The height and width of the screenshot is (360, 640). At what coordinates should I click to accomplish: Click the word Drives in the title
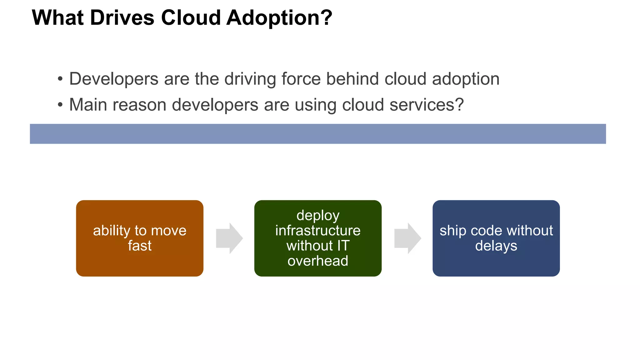(122, 17)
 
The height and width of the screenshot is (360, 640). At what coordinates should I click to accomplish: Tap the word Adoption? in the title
(279, 18)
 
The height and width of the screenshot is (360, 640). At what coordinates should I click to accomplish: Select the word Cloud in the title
(191, 17)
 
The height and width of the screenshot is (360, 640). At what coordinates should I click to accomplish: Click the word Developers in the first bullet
(114, 79)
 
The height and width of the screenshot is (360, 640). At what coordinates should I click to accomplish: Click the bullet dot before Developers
(60, 79)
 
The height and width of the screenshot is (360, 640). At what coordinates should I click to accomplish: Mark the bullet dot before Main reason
(60, 105)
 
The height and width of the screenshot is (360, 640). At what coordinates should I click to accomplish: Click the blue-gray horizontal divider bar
(318, 134)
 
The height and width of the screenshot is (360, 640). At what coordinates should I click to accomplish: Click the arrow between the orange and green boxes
(229, 238)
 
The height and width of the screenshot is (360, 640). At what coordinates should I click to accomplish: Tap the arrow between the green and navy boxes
(407, 238)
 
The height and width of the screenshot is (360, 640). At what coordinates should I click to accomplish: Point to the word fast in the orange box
(140, 246)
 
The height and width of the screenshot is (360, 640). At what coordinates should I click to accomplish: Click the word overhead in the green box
(318, 261)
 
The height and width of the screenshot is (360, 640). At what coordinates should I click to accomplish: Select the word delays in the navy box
(496, 246)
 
